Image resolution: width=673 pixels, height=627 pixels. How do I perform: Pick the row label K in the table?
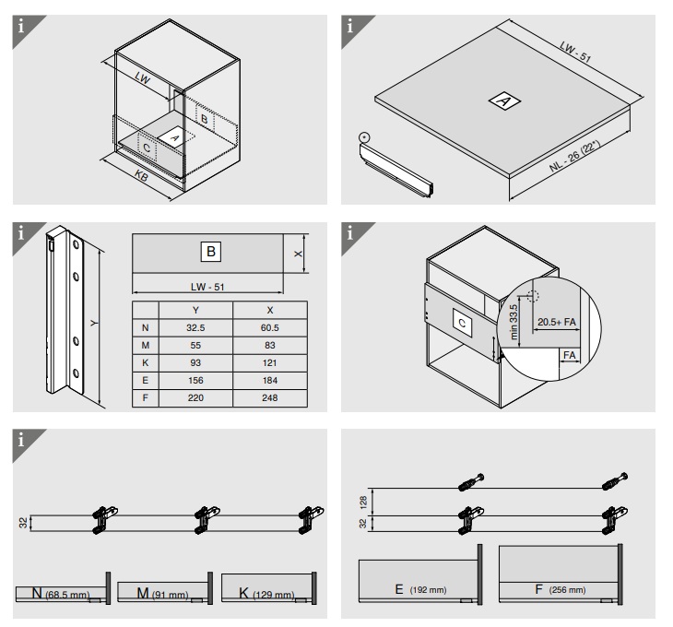point(144,363)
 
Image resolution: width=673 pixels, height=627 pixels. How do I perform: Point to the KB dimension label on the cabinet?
point(141,174)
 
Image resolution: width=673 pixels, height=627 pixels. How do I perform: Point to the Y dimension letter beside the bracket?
point(96,323)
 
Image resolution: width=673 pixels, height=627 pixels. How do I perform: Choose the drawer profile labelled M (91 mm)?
point(162,590)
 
